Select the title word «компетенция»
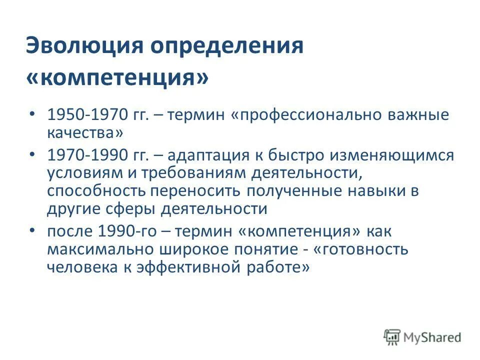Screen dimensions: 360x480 (x=117, y=78)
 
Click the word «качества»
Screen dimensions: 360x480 (x=84, y=133)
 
